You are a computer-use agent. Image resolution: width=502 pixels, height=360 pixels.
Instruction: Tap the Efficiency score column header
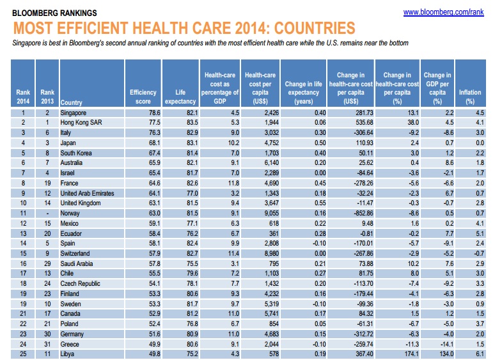(x=143, y=97)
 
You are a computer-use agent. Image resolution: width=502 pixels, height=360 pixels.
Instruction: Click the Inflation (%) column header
(x=470, y=97)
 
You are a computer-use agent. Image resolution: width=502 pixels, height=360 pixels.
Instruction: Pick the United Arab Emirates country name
(x=89, y=192)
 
